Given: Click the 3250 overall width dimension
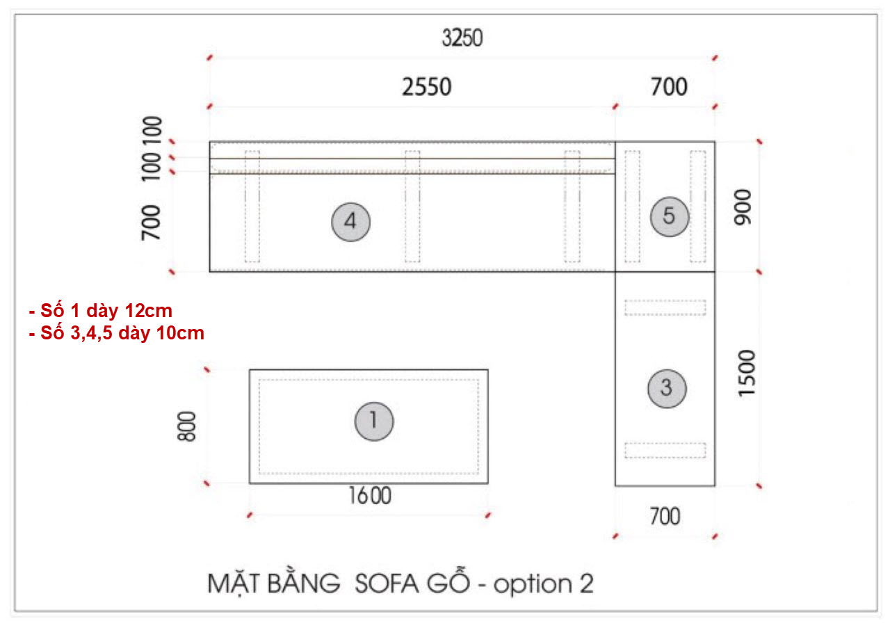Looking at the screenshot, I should click(x=462, y=39).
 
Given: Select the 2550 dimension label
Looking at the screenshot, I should click(x=426, y=87).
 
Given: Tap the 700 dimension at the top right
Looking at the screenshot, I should click(x=668, y=87).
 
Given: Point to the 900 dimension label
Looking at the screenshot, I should click(x=743, y=207).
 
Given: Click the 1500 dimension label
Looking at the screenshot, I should click(x=746, y=373).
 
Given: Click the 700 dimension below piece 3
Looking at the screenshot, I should click(x=664, y=517).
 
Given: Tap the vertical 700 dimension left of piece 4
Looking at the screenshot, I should click(x=152, y=223).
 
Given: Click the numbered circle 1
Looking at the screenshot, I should click(x=374, y=420).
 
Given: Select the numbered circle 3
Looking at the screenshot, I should click(x=667, y=388).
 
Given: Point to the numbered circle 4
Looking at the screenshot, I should click(x=350, y=222).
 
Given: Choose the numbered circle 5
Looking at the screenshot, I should click(x=669, y=216).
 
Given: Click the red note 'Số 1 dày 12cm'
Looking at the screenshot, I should click(x=101, y=311).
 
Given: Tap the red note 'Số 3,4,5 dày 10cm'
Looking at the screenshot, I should click(x=117, y=333).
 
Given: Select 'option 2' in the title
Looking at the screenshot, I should click(x=543, y=583).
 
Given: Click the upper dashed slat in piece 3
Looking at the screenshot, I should click(x=665, y=307).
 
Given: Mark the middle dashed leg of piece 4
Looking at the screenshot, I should click(x=412, y=206).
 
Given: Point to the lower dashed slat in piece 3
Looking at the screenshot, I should click(x=665, y=450).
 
